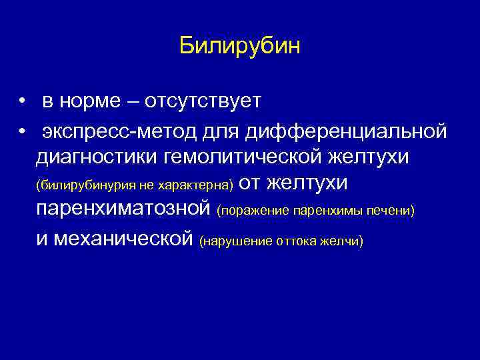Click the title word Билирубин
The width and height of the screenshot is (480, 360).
240,47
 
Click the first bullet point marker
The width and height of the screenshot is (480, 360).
22,102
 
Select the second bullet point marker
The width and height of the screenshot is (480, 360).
22,131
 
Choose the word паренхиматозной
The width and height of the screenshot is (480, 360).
124,209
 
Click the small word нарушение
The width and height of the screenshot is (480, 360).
235,241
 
